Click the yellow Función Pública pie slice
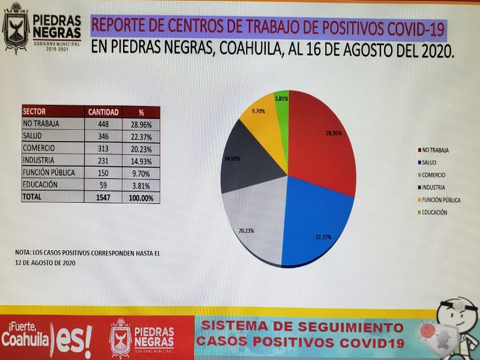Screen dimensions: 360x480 click(x=264, y=120)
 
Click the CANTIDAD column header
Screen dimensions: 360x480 click(x=104, y=112)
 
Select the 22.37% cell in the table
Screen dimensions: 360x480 click(x=142, y=137)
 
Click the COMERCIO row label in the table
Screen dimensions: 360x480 click(x=40, y=149)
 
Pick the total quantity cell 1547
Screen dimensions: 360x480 click(x=104, y=197)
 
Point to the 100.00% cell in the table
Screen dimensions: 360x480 click(x=142, y=197)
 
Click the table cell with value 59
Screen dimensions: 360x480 click(x=104, y=185)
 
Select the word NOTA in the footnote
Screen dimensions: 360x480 click(x=23, y=253)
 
